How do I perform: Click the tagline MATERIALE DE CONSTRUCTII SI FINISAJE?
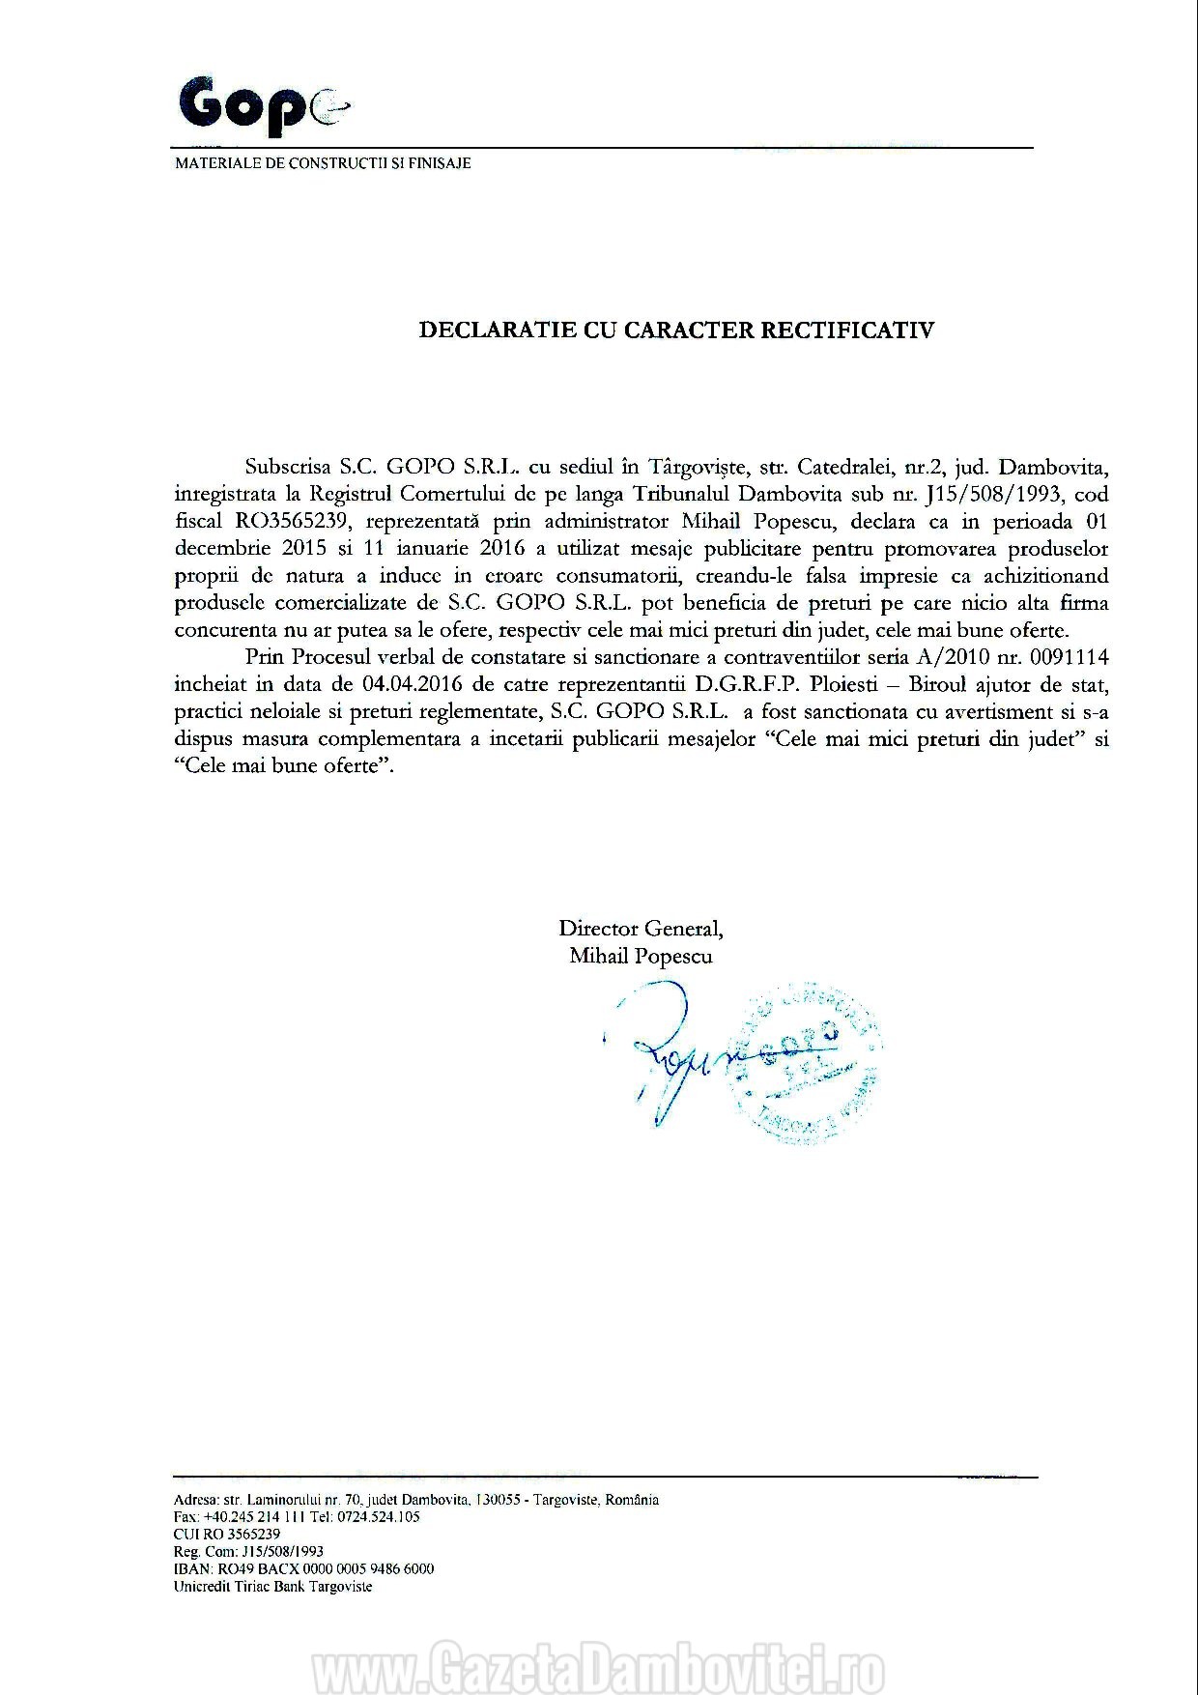click(x=323, y=163)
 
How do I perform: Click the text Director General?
click(x=641, y=929)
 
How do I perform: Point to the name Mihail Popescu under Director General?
click(x=641, y=956)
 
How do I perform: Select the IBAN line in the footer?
click(x=303, y=1568)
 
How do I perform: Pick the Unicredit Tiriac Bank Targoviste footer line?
click(x=272, y=1586)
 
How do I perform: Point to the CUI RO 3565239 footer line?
click(x=227, y=1534)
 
